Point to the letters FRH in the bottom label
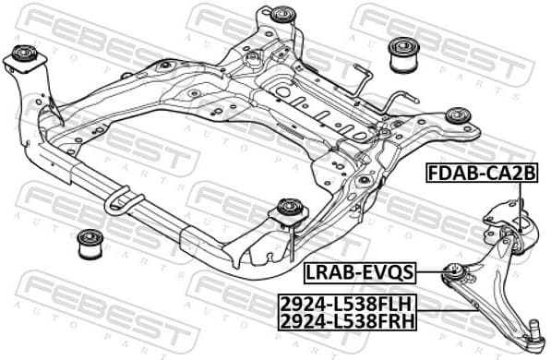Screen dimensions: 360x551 click(x=397, y=319)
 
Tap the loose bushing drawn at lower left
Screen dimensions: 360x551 click(x=88, y=243)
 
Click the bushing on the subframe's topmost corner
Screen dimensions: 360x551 click(x=282, y=15)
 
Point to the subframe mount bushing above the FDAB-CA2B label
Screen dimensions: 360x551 click(x=458, y=115)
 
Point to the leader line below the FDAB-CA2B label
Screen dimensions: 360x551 click(x=521, y=199)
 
